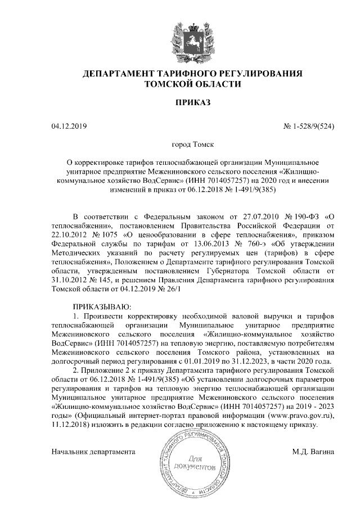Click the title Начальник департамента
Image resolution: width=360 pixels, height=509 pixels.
[93, 451]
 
